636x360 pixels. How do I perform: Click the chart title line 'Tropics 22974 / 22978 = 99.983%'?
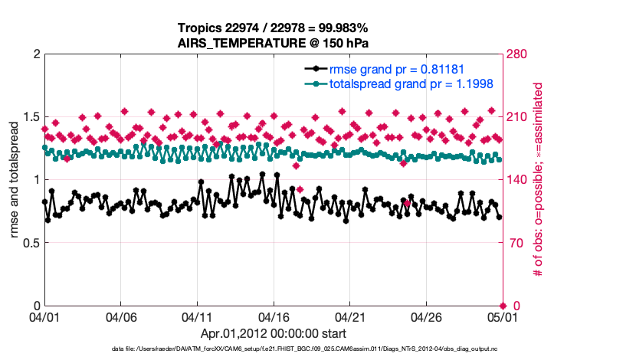point(274,28)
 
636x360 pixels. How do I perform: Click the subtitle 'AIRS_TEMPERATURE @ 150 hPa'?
point(274,43)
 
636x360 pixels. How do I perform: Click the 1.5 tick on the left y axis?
point(31,116)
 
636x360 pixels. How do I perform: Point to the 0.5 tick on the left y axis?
point(31,243)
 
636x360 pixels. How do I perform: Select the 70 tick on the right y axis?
point(517,243)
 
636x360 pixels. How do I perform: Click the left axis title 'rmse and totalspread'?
point(15,179)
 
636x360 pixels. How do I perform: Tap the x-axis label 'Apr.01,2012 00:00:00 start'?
point(274,333)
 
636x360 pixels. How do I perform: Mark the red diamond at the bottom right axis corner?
point(503,306)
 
